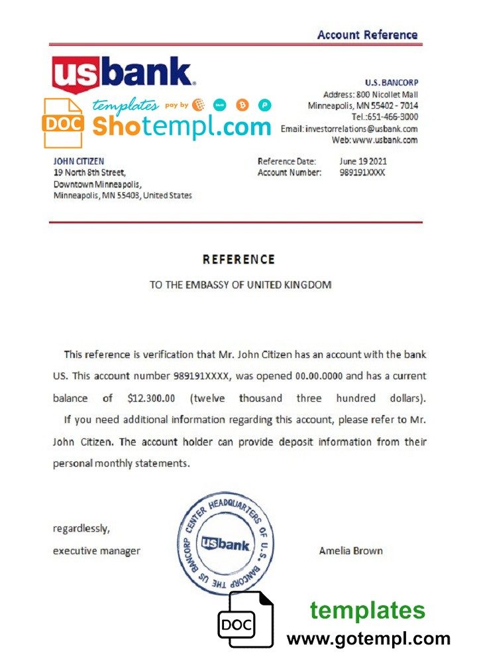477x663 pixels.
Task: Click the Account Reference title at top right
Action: click(367, 34)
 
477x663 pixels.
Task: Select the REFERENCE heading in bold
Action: click(238, 259)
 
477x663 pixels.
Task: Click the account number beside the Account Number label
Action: click(362, 172)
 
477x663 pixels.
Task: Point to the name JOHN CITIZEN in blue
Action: click(78, 161)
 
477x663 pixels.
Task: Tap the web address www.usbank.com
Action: click(385, 140)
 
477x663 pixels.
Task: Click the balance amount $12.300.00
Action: click(151, 398)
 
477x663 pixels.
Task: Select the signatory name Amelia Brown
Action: click(350, 550)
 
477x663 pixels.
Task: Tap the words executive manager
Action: click(97, 550)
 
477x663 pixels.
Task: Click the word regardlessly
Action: click(81, 528)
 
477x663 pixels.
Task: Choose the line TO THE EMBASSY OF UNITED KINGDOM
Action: click(240, 285)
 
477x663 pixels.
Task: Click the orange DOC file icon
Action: click(63, 123)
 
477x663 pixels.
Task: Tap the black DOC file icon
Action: click(245, 623)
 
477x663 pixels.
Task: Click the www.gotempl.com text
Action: click(368, 639)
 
